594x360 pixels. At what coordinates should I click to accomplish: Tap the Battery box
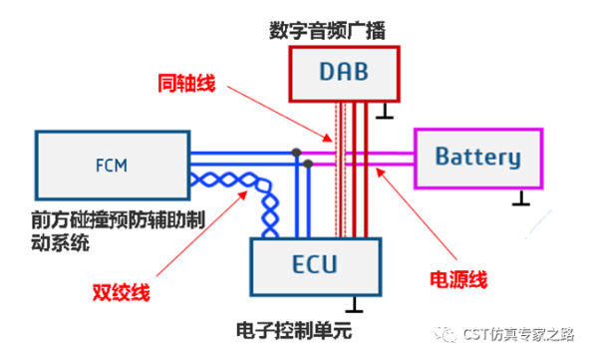point(478,158)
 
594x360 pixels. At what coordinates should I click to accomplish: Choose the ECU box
point(314,266)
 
